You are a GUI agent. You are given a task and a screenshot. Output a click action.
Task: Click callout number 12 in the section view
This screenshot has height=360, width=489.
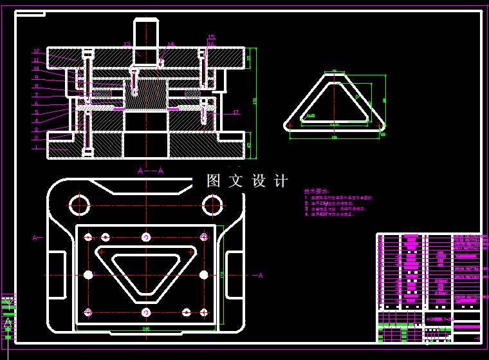point(37,51)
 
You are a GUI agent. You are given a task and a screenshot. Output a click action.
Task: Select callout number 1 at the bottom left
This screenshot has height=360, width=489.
point(37,147)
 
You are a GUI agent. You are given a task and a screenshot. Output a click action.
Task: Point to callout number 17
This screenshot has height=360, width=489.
point(236,113)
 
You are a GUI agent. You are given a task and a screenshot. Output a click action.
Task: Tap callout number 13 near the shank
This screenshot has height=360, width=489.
point(127,44)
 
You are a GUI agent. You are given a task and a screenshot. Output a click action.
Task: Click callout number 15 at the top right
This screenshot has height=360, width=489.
point(212,37)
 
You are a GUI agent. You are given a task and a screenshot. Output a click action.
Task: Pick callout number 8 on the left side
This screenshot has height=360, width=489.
point(37,86)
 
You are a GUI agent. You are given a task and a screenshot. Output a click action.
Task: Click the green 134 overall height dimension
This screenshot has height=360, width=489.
point(255,102)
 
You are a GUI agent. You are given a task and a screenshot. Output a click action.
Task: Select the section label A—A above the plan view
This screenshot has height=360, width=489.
point(151,171)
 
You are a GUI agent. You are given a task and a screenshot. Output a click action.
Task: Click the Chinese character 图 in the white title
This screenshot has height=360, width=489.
point(214,181)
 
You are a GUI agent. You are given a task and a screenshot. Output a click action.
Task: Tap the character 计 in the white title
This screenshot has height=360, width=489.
point(281,181)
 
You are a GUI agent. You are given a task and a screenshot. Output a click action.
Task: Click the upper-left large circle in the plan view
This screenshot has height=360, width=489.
point(79,205)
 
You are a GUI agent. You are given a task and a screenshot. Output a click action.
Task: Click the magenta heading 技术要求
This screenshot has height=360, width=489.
point(316,191)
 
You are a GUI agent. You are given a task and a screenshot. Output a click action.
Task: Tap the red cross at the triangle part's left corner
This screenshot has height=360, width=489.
point(290,120)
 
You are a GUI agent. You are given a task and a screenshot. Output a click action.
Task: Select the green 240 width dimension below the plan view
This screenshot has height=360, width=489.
point(146,328)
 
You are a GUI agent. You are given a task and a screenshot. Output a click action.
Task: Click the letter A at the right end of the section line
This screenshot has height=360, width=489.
point(261,276)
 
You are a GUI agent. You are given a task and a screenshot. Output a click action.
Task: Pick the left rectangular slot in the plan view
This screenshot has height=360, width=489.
point(57,276)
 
